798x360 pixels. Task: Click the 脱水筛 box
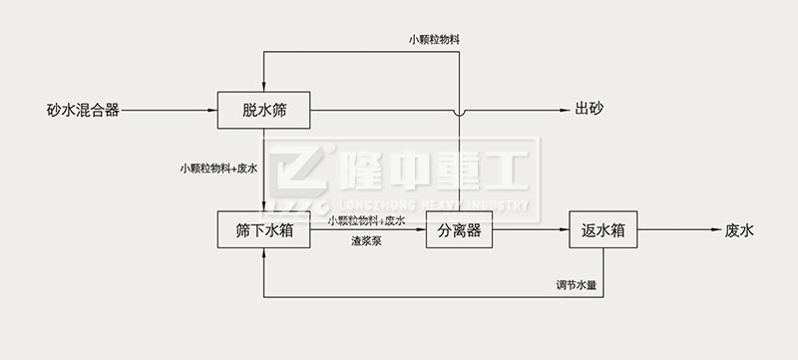(x=263, y=110)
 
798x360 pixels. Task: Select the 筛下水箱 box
(x=263, y=230)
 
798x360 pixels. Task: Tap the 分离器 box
(x=459, y=230)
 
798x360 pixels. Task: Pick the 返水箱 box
(x=602, y=230)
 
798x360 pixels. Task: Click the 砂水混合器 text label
(x=83, y=110)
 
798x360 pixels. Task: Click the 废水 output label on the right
(x=739, y=230)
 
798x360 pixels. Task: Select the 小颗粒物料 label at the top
(x=434, y=40)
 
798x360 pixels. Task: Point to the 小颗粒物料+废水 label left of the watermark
(x=219, y=169)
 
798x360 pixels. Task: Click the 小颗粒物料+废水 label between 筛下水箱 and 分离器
(x=366, y=220)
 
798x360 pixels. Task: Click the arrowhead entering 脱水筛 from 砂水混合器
(x=211, y=110)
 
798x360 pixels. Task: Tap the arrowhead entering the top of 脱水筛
(x=263, y=85)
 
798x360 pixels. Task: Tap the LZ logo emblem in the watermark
(x=294, y=180)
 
